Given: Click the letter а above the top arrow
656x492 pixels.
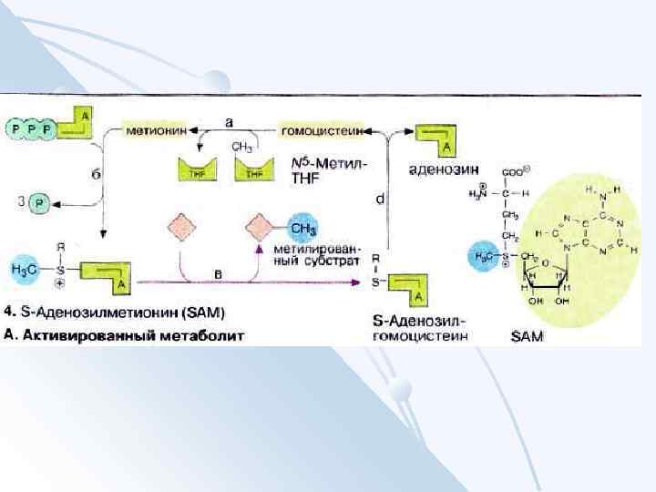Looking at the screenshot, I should tap(229, 118).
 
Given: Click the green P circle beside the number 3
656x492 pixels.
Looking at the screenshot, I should tap(39, 202).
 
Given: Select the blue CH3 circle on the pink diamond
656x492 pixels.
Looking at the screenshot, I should tap(302, 227).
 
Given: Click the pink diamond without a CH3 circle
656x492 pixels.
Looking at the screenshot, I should tap(180, 227).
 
